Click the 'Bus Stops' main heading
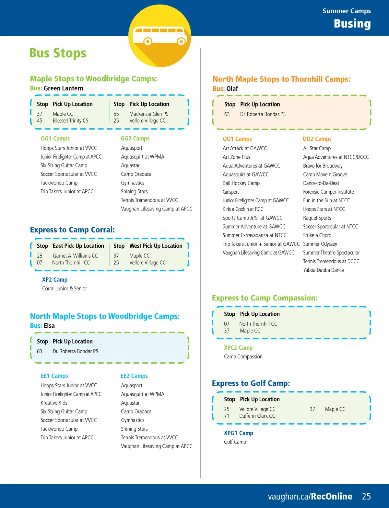coord(58,53)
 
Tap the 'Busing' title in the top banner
coord(352,24)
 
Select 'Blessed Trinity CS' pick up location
coord(70,121)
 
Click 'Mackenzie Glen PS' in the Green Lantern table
coord(149,114)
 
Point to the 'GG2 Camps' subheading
coord(135,139)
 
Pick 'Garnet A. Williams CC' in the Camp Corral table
coord(75,256)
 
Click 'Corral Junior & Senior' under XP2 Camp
coord(65,288)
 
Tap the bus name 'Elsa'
coord(49,326)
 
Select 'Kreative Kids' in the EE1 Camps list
coord(54,403)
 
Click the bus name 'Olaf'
coord(232,89)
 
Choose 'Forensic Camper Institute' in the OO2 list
coord(328,192)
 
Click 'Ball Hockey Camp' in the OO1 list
coord(241,183)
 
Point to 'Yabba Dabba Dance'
coord(324,270)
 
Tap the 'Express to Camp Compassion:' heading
coord(265,298)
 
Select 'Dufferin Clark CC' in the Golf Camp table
coord(257,416)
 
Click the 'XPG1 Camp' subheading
coord(239,433)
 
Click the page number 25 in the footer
coord(366,496)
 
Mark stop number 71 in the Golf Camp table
coord(227,416)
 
